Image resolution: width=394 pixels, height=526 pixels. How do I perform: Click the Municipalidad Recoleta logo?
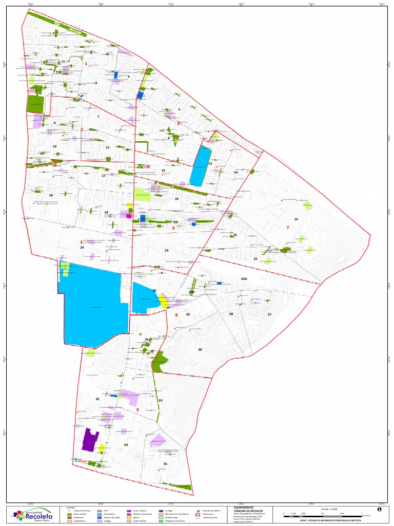[34, 514]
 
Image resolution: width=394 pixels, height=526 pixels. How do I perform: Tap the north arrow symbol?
[379, 510]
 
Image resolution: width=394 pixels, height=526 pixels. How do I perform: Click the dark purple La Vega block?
[90, 440]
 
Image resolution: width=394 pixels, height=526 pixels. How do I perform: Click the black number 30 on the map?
[200, 349]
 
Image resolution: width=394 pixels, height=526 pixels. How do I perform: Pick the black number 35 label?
[165, 464]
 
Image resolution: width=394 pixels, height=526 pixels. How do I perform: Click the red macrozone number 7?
[288, 228]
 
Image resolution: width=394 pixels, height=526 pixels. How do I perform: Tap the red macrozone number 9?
[137, 409]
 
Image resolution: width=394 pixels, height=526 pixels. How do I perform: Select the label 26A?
[244, 278]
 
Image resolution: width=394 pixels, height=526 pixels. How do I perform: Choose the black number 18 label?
[51, 195]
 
